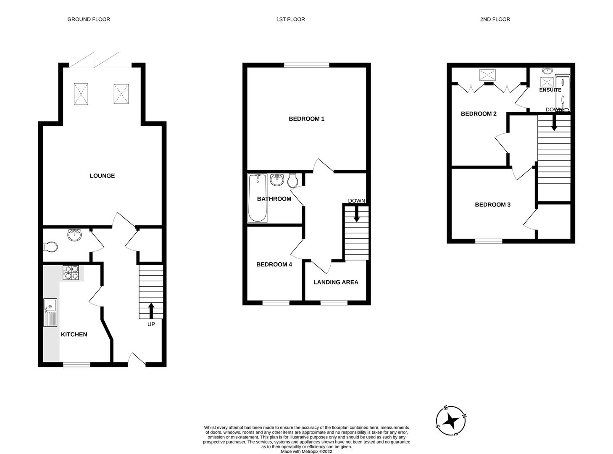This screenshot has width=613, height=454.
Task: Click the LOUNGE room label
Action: [x=102, y=176]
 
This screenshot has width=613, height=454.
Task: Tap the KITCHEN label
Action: [x=74, y=334]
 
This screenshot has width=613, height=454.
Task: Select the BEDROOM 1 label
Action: [x=306, y=119]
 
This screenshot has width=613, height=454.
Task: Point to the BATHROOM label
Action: [x=274, y=199]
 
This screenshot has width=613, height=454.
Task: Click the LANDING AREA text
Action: [x=336, y=282]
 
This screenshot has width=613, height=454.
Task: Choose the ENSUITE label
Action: [x=550, y=90]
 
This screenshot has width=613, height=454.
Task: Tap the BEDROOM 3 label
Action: [x=492, y=205]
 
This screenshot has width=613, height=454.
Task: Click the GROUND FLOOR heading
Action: [x=89, y=19]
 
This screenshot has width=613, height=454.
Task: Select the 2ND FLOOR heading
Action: [x=495, y=19]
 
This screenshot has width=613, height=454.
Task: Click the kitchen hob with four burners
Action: [x=71, y=273]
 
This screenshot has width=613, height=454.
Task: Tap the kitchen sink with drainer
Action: [x=50, y=312]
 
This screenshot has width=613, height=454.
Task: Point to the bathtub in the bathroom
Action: [x=257, y=198]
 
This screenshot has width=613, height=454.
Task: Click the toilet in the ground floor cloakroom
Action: [x=50, y=247]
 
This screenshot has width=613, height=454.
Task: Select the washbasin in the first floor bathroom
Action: [x=277, y=180]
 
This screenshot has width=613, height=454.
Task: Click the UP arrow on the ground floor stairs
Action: [x=151, y=311]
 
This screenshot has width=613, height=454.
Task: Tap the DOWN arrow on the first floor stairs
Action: [x=357, y=214]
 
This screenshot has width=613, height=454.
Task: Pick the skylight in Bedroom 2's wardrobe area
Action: [x=487, y=75]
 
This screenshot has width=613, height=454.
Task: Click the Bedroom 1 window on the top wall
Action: [x=307, y=65]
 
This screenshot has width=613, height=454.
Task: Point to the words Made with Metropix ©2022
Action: [x=307, y=451]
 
